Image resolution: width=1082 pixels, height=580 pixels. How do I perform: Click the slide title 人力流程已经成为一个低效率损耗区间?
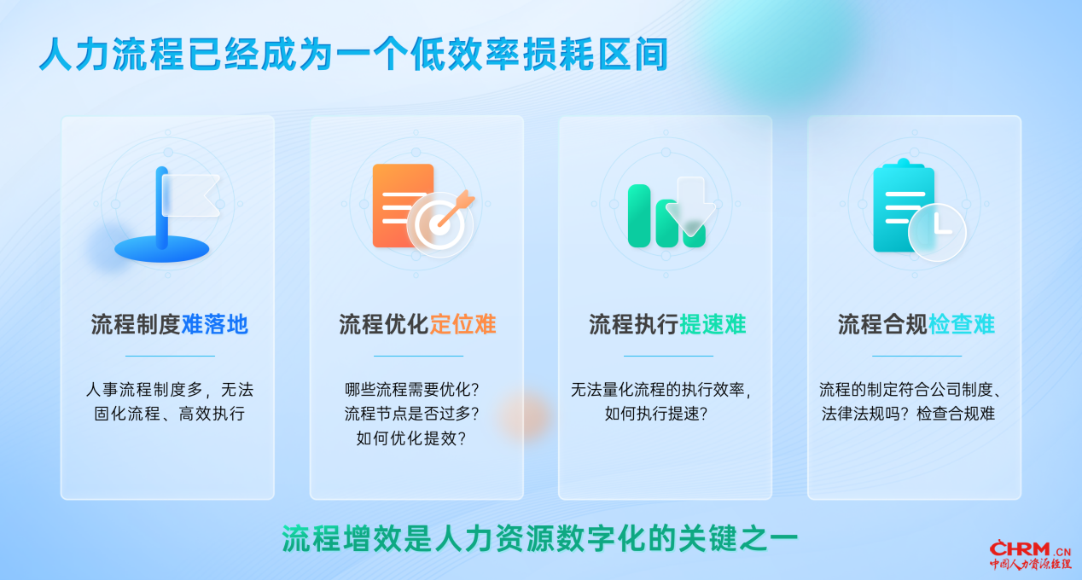click(x=353, y=54)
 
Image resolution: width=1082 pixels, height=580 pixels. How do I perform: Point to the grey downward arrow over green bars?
click(x=690, y=206)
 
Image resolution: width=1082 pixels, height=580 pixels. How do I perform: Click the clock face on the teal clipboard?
click(x=937, y=232)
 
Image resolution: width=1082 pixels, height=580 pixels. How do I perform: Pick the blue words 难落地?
click(x=214, y=324)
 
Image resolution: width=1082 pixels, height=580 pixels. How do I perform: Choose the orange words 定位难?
click(x=462, y=324)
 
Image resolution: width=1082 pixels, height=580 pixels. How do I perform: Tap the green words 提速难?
click(x=713, y=324)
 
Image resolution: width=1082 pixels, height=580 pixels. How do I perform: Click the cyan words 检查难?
click(x=961, y=324)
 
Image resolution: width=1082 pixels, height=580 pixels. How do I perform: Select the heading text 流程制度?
click(x=136, y=324)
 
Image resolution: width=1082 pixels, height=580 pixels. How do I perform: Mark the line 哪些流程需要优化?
click(x=411, y=389)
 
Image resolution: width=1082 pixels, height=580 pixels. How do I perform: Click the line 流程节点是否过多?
click(x=411, y=414)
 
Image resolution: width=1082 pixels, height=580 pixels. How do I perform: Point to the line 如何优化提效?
click(x=411, y=438)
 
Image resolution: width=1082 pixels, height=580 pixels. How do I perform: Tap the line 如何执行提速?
click(x=656, y=414)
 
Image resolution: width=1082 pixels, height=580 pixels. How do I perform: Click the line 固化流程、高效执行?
click(x=169, y=414)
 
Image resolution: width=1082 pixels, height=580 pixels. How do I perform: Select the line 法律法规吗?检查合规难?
click(x=908, y=414)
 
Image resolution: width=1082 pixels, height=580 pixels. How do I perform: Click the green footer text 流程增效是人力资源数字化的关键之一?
click(x=539, y=538)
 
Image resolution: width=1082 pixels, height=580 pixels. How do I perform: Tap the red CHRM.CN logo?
click(x=1030, y=554)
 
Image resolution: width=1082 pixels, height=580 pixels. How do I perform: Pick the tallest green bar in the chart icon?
click(x=639, y=216)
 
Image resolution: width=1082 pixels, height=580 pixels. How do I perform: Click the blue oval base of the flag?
click(x=162, y=250)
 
